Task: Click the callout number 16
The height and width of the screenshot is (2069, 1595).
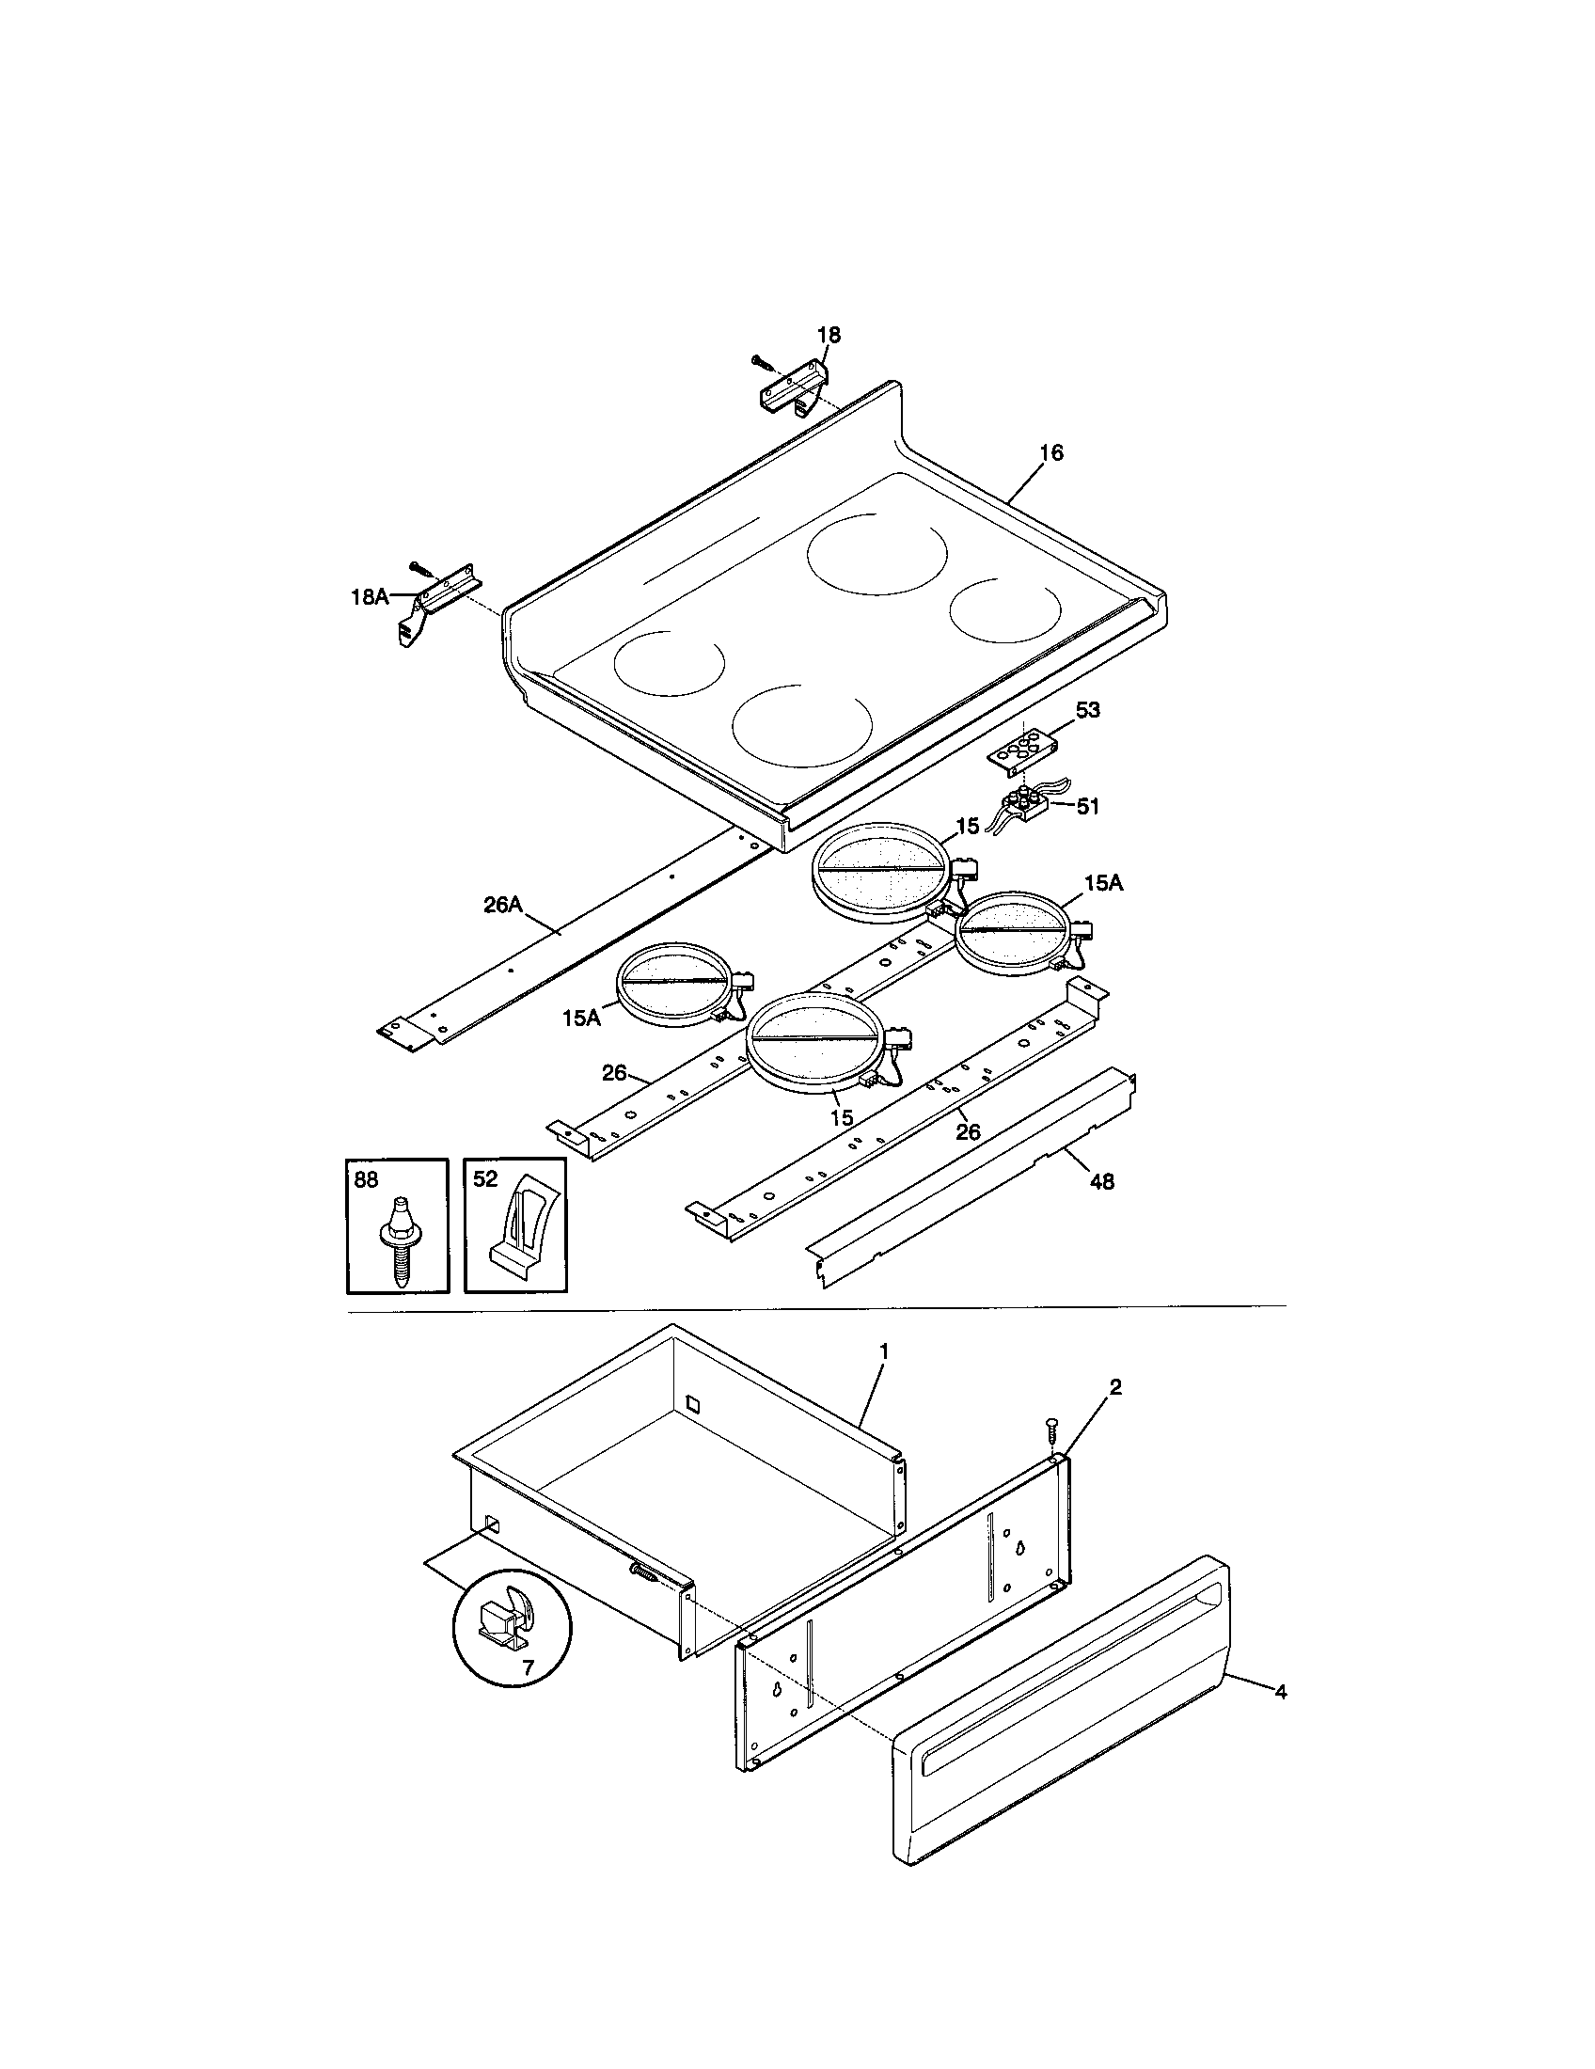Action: pos(1050,453)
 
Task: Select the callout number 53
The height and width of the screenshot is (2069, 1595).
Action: pos(1087,710)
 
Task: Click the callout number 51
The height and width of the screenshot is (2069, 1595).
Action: pos(1087,806)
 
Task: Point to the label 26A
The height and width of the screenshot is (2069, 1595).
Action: pos(503,905)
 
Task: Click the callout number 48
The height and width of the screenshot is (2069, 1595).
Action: pos(1101,1181)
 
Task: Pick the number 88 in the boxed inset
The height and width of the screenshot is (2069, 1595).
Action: pos(365,1179)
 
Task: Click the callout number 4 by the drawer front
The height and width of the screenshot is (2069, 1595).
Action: pos(1281,1692)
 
